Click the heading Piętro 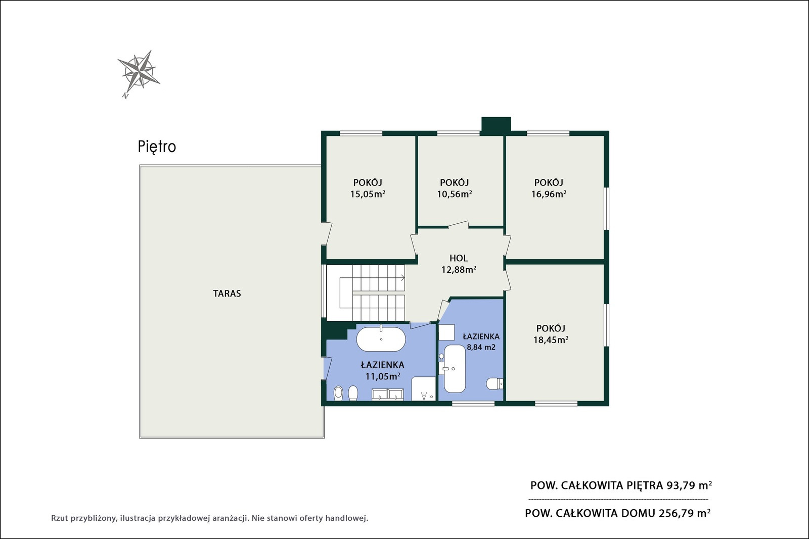(x=157, y=147)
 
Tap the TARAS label (x=227, y=293)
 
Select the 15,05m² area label (x=368, y=194)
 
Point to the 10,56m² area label (x=455, y=194)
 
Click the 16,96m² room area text (x=549, y=194)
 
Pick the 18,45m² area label (x=551, y=340)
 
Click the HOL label (x=459, y=258)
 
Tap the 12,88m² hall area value (x=459, y=270)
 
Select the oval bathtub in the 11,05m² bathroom (x=381, y=339)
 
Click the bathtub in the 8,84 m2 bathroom (x=455, y=369)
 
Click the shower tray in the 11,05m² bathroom (x=424, y=388)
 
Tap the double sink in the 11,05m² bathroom (x=388, y=394)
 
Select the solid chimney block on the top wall (x=496, y=124)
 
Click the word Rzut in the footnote (x=60, y=518)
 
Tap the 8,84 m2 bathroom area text (x=481, y=348)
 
